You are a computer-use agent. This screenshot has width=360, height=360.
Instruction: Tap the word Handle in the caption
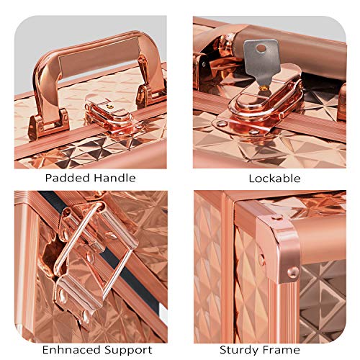click(x=112, y=178)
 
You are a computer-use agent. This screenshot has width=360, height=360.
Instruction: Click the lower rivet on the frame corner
click(x=294, y=271)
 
